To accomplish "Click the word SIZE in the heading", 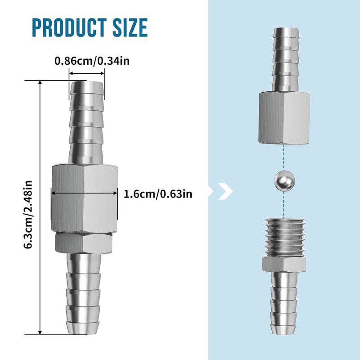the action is click(130, 28).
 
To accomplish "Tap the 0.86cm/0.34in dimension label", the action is click(92, 61).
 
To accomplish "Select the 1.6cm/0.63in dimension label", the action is click(158, 194).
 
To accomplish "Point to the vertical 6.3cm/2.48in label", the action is click(28, 214).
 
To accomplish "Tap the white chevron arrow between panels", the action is click(225, 191).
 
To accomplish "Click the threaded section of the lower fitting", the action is click(284, 237).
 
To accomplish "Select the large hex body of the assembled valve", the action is click(85, 198).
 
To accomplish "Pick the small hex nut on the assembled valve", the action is click(84, 243).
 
